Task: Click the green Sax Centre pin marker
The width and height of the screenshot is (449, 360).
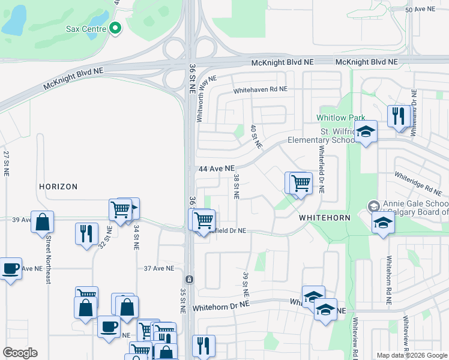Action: tap(115, 28)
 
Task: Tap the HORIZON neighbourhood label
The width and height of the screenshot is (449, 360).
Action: tap(58, 187)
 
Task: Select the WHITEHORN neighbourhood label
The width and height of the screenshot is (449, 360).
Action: tap(324, 218)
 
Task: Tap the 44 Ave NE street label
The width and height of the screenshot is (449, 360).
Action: tap(216, 169)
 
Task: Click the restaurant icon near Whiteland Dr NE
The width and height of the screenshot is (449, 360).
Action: tap(399, 115)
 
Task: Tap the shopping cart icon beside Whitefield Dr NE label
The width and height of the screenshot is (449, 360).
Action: tap(203, 220)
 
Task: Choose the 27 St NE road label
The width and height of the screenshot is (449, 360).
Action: tap(7, 163)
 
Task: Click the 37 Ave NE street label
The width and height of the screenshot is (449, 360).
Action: tap(159, 268)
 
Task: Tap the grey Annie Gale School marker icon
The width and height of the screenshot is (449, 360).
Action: tap(373, 206)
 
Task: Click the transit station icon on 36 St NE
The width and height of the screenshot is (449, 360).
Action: tap(189, 280)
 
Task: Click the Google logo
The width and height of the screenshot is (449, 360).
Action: tap(20, 353)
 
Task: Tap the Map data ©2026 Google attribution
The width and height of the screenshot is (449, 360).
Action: tap(412, 355)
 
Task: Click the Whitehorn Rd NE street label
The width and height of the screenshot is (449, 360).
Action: tap(390, 275)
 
